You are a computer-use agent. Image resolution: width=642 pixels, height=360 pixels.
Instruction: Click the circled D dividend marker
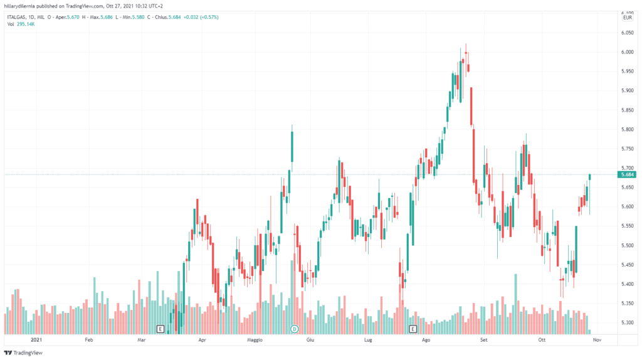click(x=294, y=328)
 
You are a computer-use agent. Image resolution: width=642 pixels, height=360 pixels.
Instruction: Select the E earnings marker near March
click(x=160, y=328)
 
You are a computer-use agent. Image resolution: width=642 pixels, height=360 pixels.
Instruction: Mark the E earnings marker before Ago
click(x=413, y=328)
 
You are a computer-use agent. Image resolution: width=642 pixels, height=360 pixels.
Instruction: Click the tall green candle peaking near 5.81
click(x=292, y=148)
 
